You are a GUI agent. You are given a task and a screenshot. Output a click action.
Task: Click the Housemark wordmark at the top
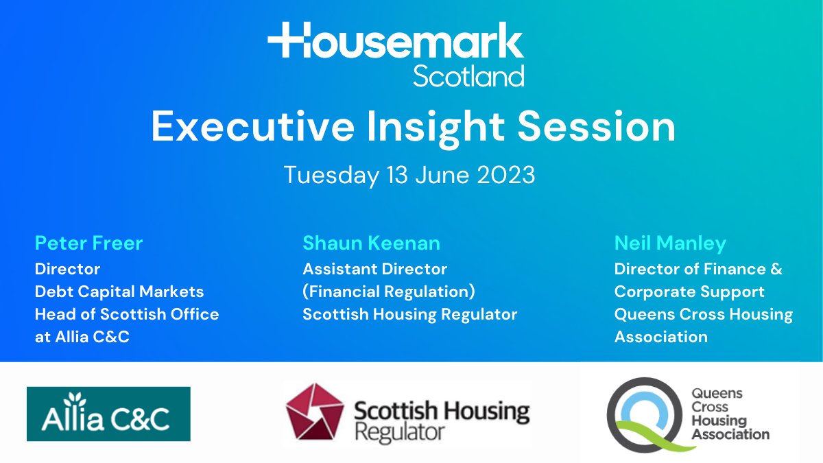(x=396, y=43)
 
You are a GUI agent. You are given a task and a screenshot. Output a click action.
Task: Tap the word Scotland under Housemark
(x=468, y=76)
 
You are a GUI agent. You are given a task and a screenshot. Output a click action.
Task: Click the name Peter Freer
(x=89, y=243)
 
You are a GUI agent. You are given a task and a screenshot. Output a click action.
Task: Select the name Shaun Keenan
(x=371, y=243)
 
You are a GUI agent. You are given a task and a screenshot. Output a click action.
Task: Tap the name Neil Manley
(x=670, y=243)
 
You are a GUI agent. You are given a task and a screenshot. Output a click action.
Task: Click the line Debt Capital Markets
(x=119, y=292)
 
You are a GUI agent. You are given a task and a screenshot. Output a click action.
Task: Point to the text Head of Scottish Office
(x=127, y=314)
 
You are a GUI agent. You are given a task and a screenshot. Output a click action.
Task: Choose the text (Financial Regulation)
(x=389, y=292)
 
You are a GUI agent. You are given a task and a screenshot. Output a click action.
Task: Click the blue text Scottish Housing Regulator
(x=409, y=314)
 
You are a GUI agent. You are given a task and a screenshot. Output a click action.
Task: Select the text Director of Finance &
(x=698, y=269)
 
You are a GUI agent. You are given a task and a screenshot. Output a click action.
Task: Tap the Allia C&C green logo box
(x=108, y=414)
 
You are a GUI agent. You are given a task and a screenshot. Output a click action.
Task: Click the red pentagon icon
(x=314, y=414)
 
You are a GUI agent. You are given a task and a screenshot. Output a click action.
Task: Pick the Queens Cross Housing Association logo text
(x=730, y=414)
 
